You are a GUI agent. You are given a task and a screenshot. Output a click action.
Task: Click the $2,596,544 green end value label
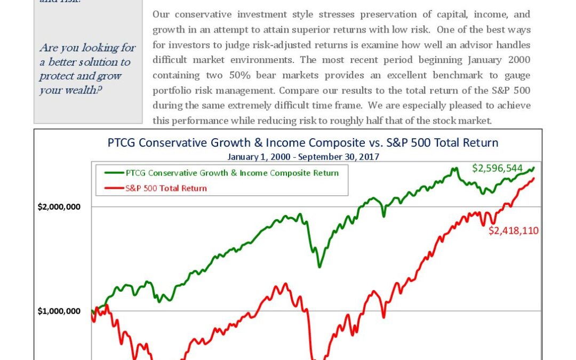[497, 169]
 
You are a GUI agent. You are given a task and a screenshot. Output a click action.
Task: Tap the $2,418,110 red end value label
[513, 231]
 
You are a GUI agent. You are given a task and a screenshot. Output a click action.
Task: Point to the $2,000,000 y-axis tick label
[59, 207]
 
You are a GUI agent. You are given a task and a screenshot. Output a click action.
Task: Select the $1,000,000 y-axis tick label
[59, 311]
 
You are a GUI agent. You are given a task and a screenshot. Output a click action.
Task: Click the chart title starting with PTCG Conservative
[303, 143]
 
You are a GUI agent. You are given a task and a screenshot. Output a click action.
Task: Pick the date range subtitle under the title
[303, 157]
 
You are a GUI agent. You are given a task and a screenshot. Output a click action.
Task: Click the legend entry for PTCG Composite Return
[232, 173]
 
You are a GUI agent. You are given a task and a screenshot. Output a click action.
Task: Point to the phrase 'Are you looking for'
[87, 48]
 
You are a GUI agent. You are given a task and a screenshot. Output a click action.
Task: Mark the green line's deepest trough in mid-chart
[319, 266]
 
